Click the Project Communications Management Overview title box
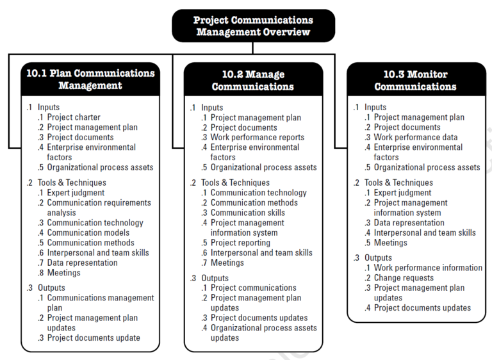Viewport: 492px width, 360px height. click(x=253, y=26)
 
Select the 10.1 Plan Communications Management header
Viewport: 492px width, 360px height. click(x=90, y=79)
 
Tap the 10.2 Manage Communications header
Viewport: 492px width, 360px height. click(x=253, y=81)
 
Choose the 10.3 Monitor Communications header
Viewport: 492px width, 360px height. click(x=416, y=81)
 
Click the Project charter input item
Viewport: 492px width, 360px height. click(x=74, y=117)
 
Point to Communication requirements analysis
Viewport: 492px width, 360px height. click(x=99, y=208)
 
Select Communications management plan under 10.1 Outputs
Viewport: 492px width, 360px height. click(x=100, y=302)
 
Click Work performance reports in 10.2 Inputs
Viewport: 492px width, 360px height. click(x=257, y=137)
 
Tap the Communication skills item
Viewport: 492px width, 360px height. click(x=247, y=213)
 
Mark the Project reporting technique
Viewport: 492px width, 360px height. click(x=240, y=243)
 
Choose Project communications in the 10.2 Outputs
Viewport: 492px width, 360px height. click(x=253, y=288)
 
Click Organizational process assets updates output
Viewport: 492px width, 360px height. click(x=263, y=332)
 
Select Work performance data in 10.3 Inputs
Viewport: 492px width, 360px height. click(x=415, y=137)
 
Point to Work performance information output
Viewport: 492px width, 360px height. click(x=428, y=268)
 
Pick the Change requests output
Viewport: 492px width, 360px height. click(x=404, y=278)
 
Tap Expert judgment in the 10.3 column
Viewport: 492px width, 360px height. click(x=402, y=193)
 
